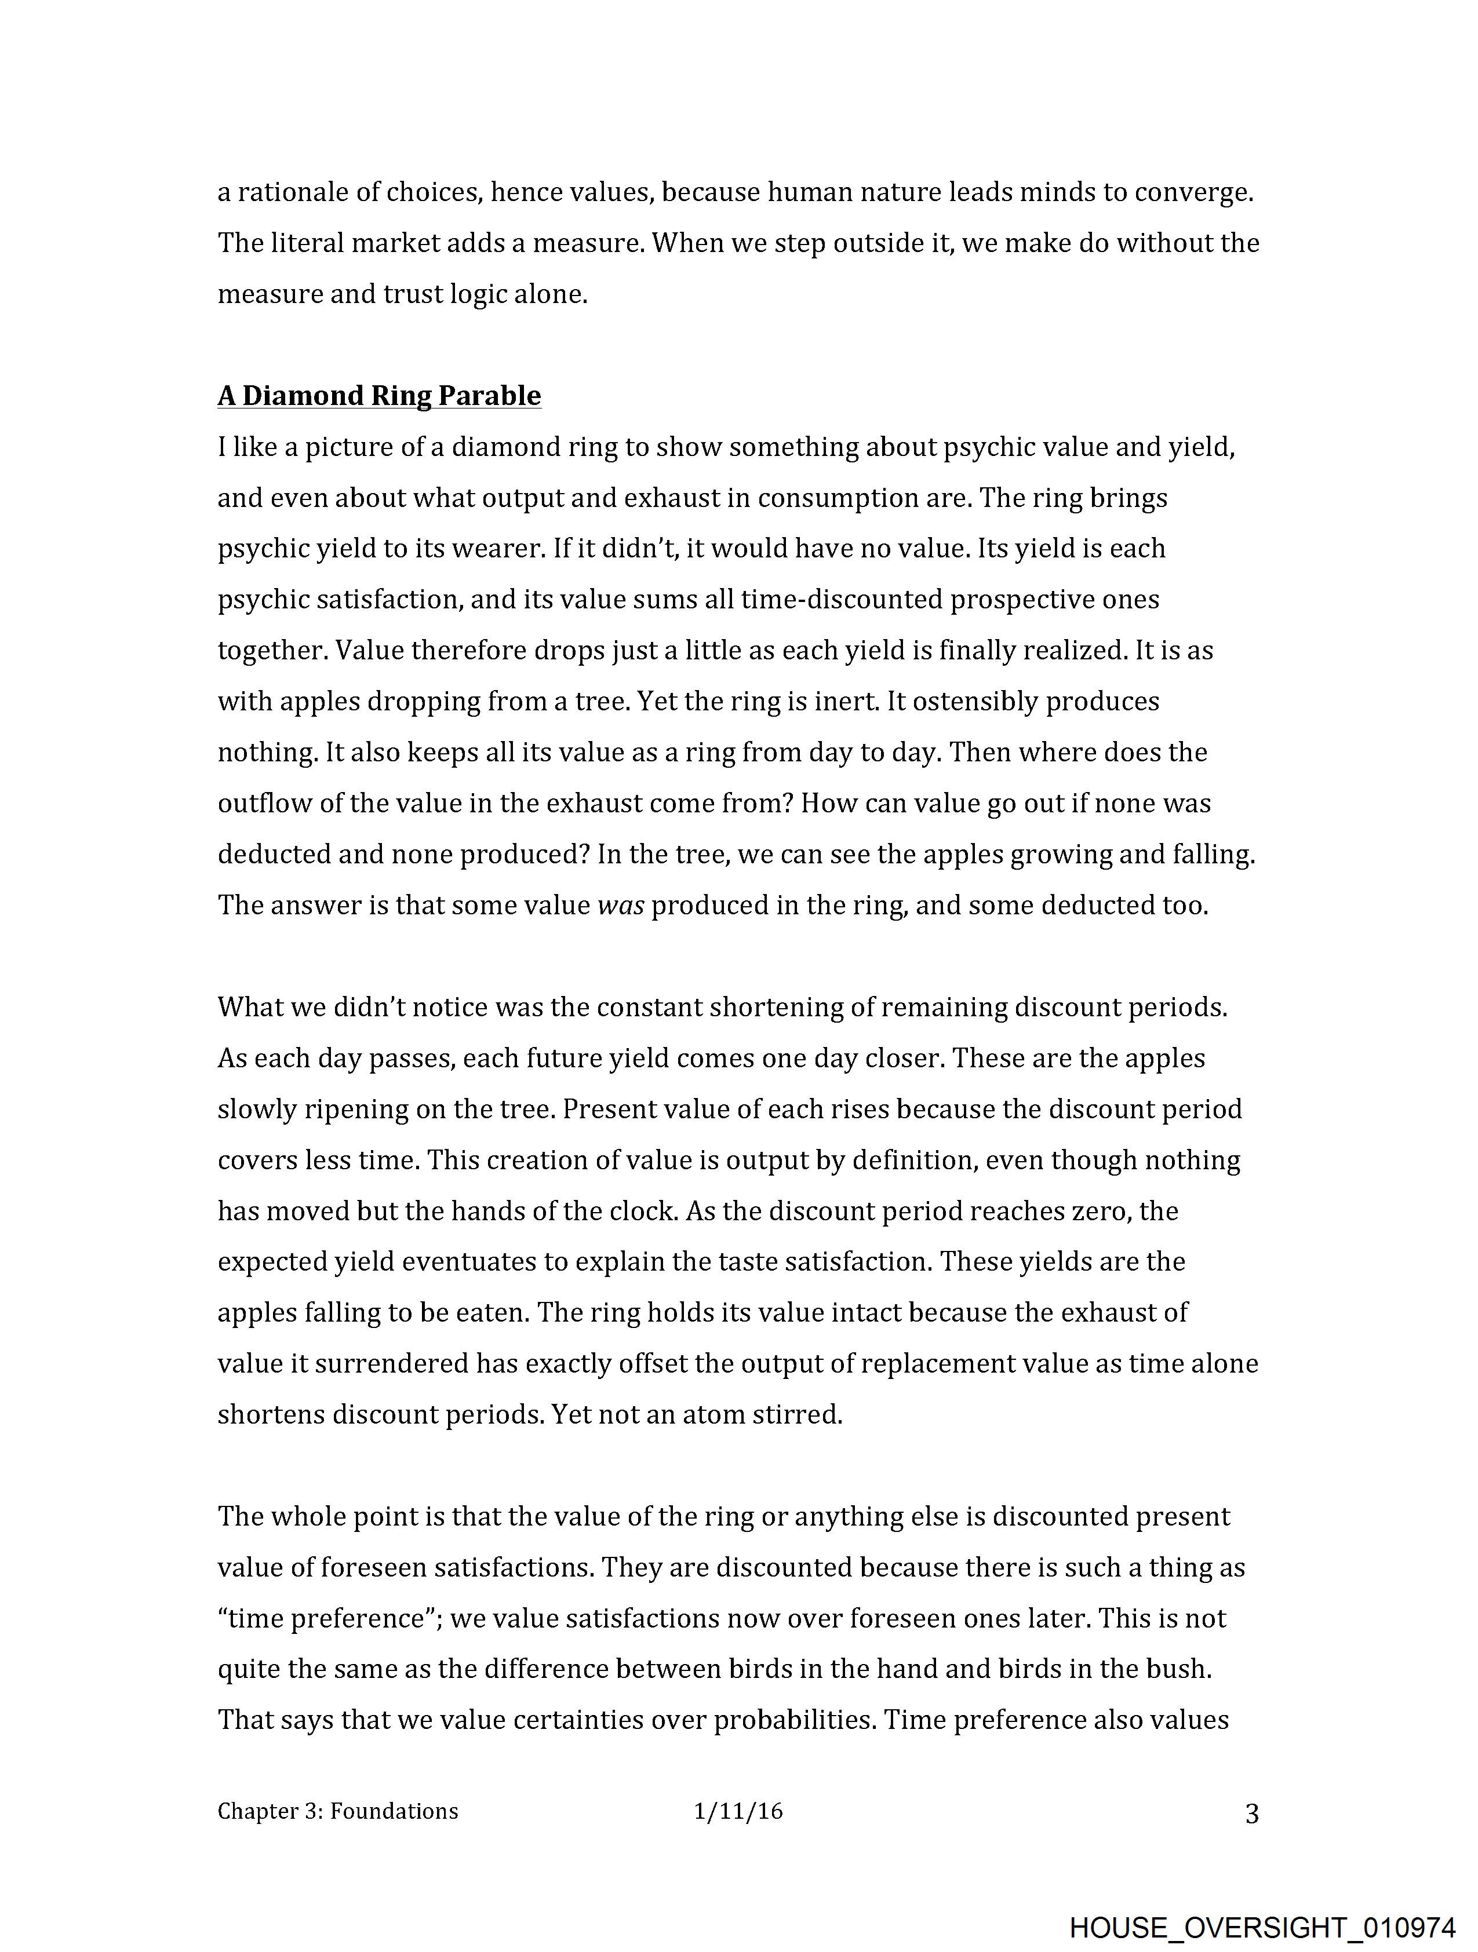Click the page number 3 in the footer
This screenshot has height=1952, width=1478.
click(1251, 1814)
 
